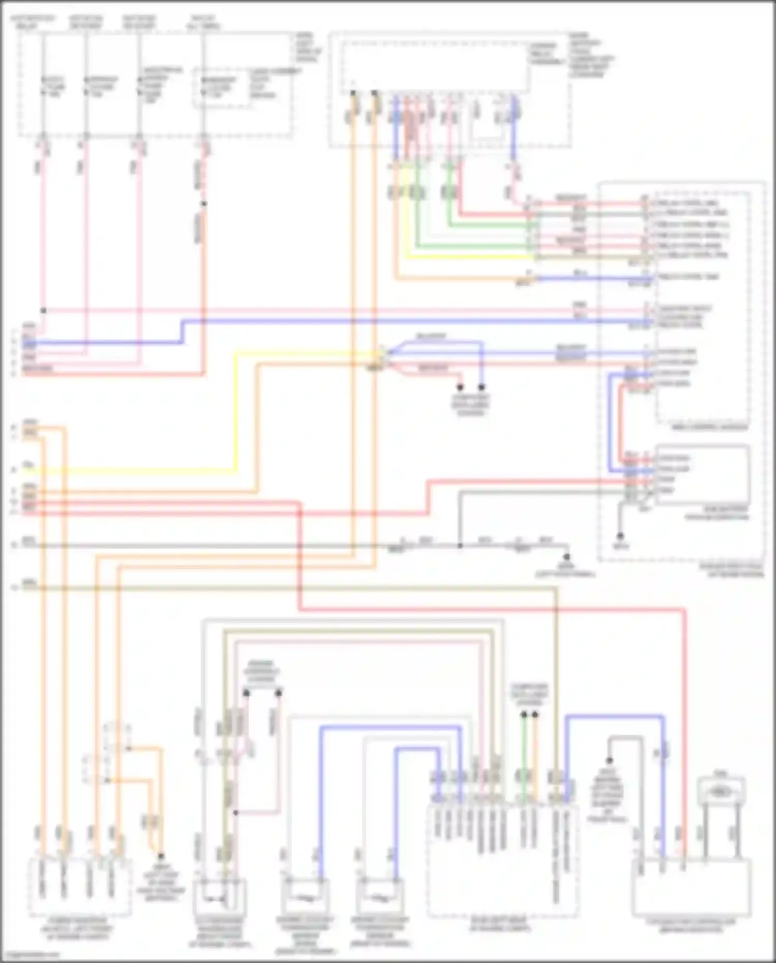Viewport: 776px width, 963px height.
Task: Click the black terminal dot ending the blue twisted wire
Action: point(481,387)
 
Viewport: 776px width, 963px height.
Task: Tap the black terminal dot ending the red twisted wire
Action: point(459,387)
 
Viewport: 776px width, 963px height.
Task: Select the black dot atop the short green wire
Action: point(524,715)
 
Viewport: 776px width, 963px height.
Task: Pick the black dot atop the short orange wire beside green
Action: point(535,715)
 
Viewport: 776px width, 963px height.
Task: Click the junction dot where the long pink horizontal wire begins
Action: point(43,310)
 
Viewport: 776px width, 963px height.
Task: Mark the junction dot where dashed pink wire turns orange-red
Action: point(204,203)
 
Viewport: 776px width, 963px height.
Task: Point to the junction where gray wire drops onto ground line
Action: point(459,545)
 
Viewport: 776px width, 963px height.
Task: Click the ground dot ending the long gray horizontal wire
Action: point(566,557)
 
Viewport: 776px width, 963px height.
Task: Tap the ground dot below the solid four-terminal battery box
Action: point(620,536)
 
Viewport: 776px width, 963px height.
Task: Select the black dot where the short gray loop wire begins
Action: point(609,760)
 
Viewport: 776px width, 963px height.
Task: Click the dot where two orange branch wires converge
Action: point(160,856)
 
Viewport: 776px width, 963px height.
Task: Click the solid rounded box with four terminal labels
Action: point(702,474)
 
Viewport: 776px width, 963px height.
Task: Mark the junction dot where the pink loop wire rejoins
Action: point(235,812)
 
